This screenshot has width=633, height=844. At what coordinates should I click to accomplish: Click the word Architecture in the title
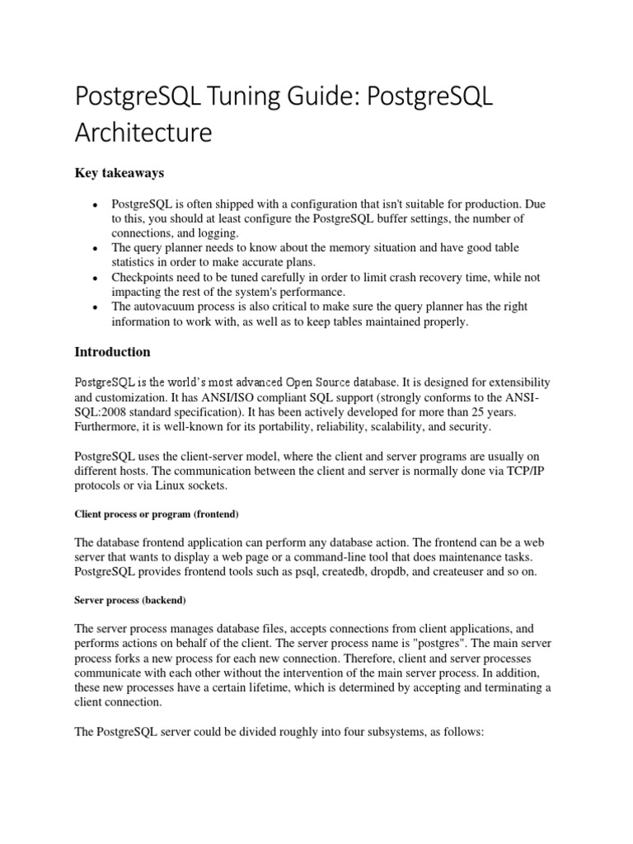(x=144, y=131)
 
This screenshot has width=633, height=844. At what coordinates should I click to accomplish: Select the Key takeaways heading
(x=120, y=173)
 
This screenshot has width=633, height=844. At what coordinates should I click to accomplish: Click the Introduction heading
(x=113, y=352)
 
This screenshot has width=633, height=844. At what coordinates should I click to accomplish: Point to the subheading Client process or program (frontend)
(x=156, y=514)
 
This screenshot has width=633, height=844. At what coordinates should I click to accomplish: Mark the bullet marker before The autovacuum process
(x=96, y=307)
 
